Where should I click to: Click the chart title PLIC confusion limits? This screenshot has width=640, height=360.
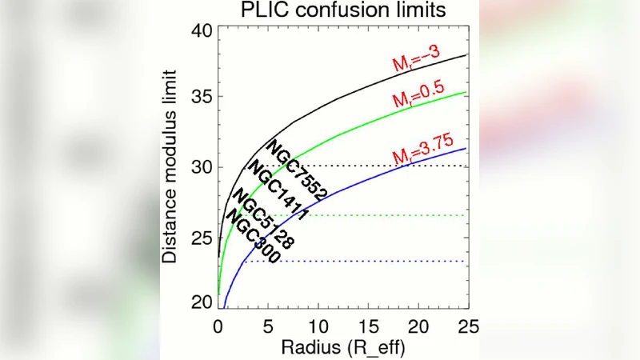[340, 10]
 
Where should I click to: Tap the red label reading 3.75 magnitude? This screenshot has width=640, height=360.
[422, 155]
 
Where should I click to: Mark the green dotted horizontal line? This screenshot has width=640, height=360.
[384, 215]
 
